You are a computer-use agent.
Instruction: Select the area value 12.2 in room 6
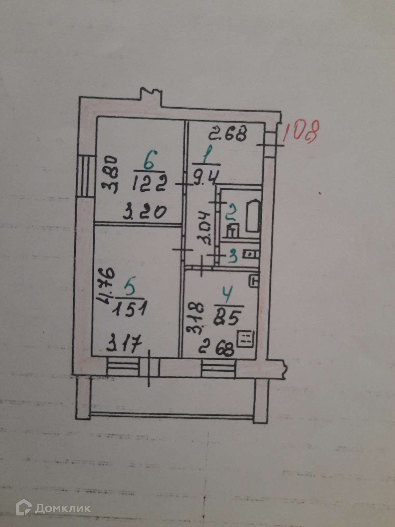[x=150, y=182]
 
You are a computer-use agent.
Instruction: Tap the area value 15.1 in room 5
[x=129, y=310]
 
